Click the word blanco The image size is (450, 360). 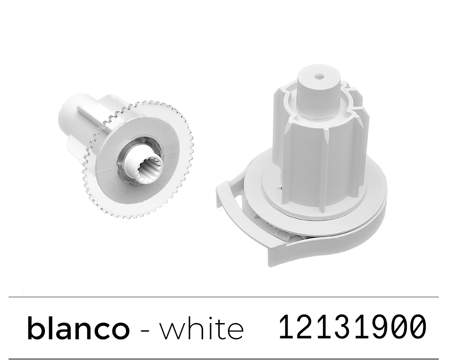(x=78, y=328)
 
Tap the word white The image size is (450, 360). (x=202, y=328)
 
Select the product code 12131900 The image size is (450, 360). (x=353, y=326)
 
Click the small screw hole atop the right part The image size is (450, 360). (x=319, y=76)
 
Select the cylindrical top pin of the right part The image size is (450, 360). (x=318, y=92)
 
